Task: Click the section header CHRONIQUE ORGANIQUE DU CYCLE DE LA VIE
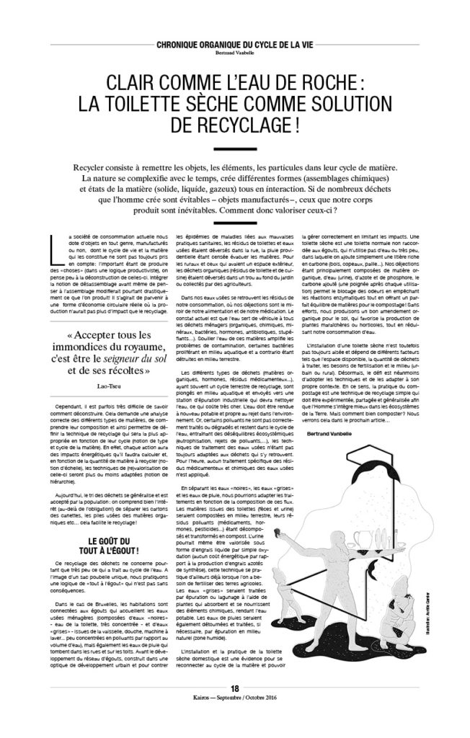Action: (x=234, y=45)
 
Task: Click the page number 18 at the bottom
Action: (x=234, y=707)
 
